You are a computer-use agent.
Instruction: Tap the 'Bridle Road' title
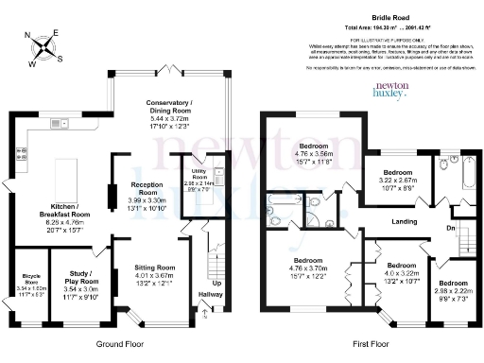point(386,18)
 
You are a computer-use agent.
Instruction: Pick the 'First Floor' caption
point(370,346)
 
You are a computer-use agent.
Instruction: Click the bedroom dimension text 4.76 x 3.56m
point(312,155)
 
